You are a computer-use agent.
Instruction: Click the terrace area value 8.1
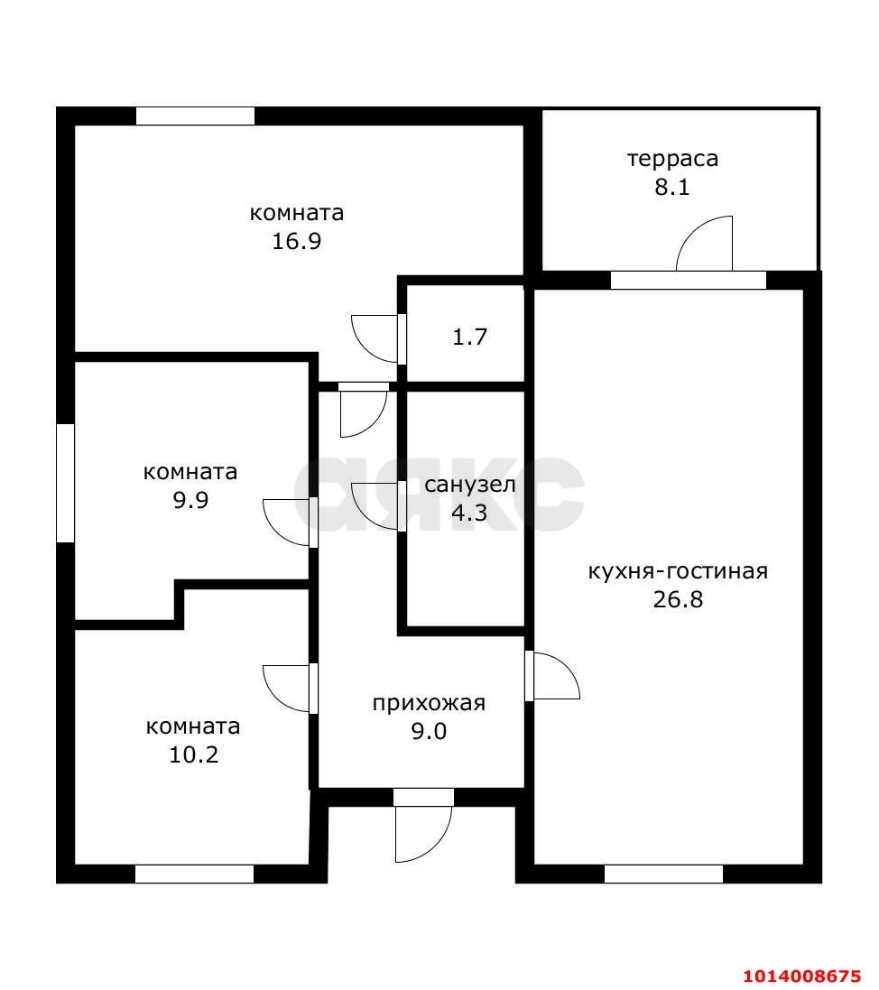[672, 188]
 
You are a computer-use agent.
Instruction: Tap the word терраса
[672, 160]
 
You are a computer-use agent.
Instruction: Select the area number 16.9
[297, 241]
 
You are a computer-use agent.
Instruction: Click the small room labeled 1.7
[469, 338]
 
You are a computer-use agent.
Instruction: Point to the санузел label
[469, 485]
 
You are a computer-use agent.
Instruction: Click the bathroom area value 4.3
[469, 513]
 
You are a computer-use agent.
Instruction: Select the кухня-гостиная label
[677, 571]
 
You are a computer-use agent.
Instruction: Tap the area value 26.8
[677, 599]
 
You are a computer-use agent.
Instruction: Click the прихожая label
[429, 703]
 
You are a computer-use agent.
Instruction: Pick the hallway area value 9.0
[429, 731]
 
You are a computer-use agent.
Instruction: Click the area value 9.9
[190, 500]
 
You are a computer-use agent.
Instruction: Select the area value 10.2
[193, 754]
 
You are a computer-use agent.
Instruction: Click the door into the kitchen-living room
[552, 676]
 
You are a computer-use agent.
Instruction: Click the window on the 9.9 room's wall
[65, 484]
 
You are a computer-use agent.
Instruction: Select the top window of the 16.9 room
[195, 116]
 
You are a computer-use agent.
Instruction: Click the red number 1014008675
[801, 976]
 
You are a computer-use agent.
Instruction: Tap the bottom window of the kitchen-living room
[663, 874]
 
